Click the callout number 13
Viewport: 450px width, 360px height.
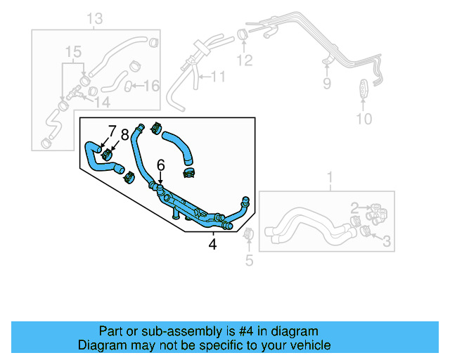tap(95, 17)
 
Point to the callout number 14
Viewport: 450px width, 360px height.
tap(102, 102)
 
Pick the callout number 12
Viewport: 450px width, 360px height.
tap(243, 60)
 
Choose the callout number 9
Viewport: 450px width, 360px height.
tap(326, 84)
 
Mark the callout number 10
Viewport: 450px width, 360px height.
tap(363, 118)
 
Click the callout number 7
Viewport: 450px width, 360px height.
tap(112, 131)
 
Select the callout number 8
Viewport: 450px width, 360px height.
tap(124, 134)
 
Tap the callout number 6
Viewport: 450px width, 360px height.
tap(160, 165)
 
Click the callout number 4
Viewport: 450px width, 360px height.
tap(212, 245)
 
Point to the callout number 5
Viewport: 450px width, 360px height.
tap(248, 262)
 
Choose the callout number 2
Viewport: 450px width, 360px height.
tap(355, 207)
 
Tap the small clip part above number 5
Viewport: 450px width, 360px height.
tap(248, 235)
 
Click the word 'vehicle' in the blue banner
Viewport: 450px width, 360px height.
tap(308, 345)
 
